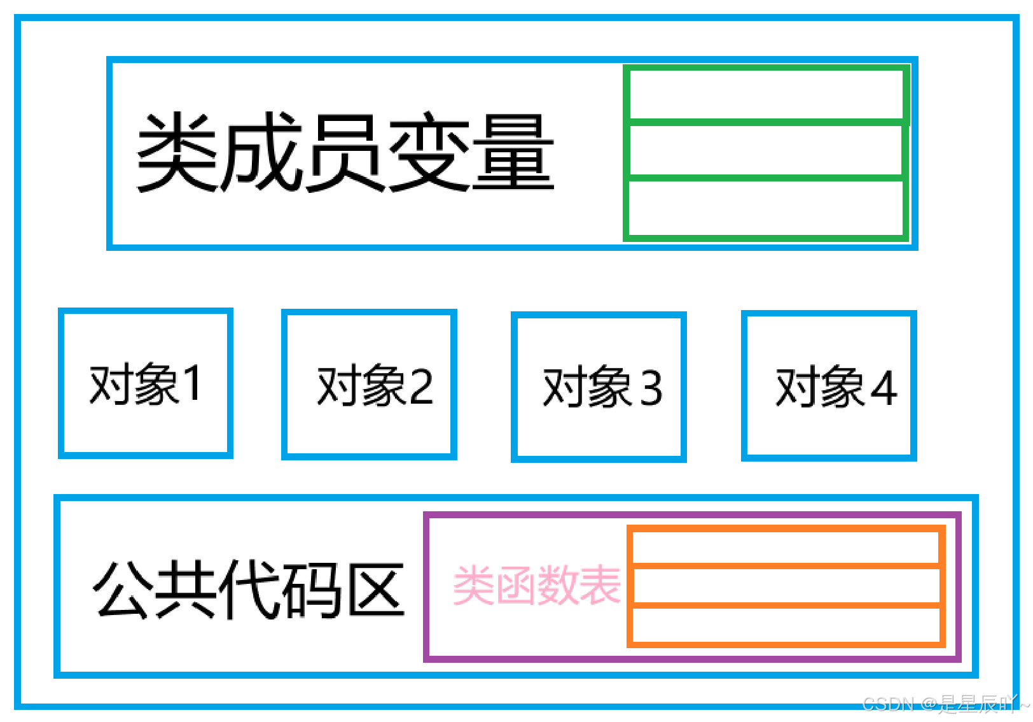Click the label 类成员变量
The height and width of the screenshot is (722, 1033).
click(x=345, y=153)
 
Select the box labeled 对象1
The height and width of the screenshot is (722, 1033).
click(x=146, y=383)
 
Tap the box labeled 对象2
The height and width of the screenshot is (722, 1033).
click(x=369, y=385)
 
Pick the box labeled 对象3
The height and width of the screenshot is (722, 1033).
click(x=599, y=386)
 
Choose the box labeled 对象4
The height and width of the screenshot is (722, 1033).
click(x=829, y=386)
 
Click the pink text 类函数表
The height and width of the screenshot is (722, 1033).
click(x=536, y=585)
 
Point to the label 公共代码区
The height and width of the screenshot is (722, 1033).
click(x=249, y=589)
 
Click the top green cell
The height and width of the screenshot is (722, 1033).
click(x=766, y=94)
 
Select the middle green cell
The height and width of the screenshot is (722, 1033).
click(x=766, y=150)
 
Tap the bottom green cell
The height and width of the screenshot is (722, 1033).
click(x=766, y=208)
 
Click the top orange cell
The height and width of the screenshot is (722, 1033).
click(x=786, y=546)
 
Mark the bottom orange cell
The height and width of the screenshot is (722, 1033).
click(x=786, y=625)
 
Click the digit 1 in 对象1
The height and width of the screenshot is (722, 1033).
click(x=192, y=383)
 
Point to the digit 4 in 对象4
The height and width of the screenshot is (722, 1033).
click(x=884, y=387)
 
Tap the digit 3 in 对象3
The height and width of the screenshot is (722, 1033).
click(x=651, y=387)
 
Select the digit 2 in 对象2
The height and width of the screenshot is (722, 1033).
click(x=421, y=386)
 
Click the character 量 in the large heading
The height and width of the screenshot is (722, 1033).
click(x=513, y=153)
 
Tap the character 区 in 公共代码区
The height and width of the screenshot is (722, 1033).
click(x=378, y=589)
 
